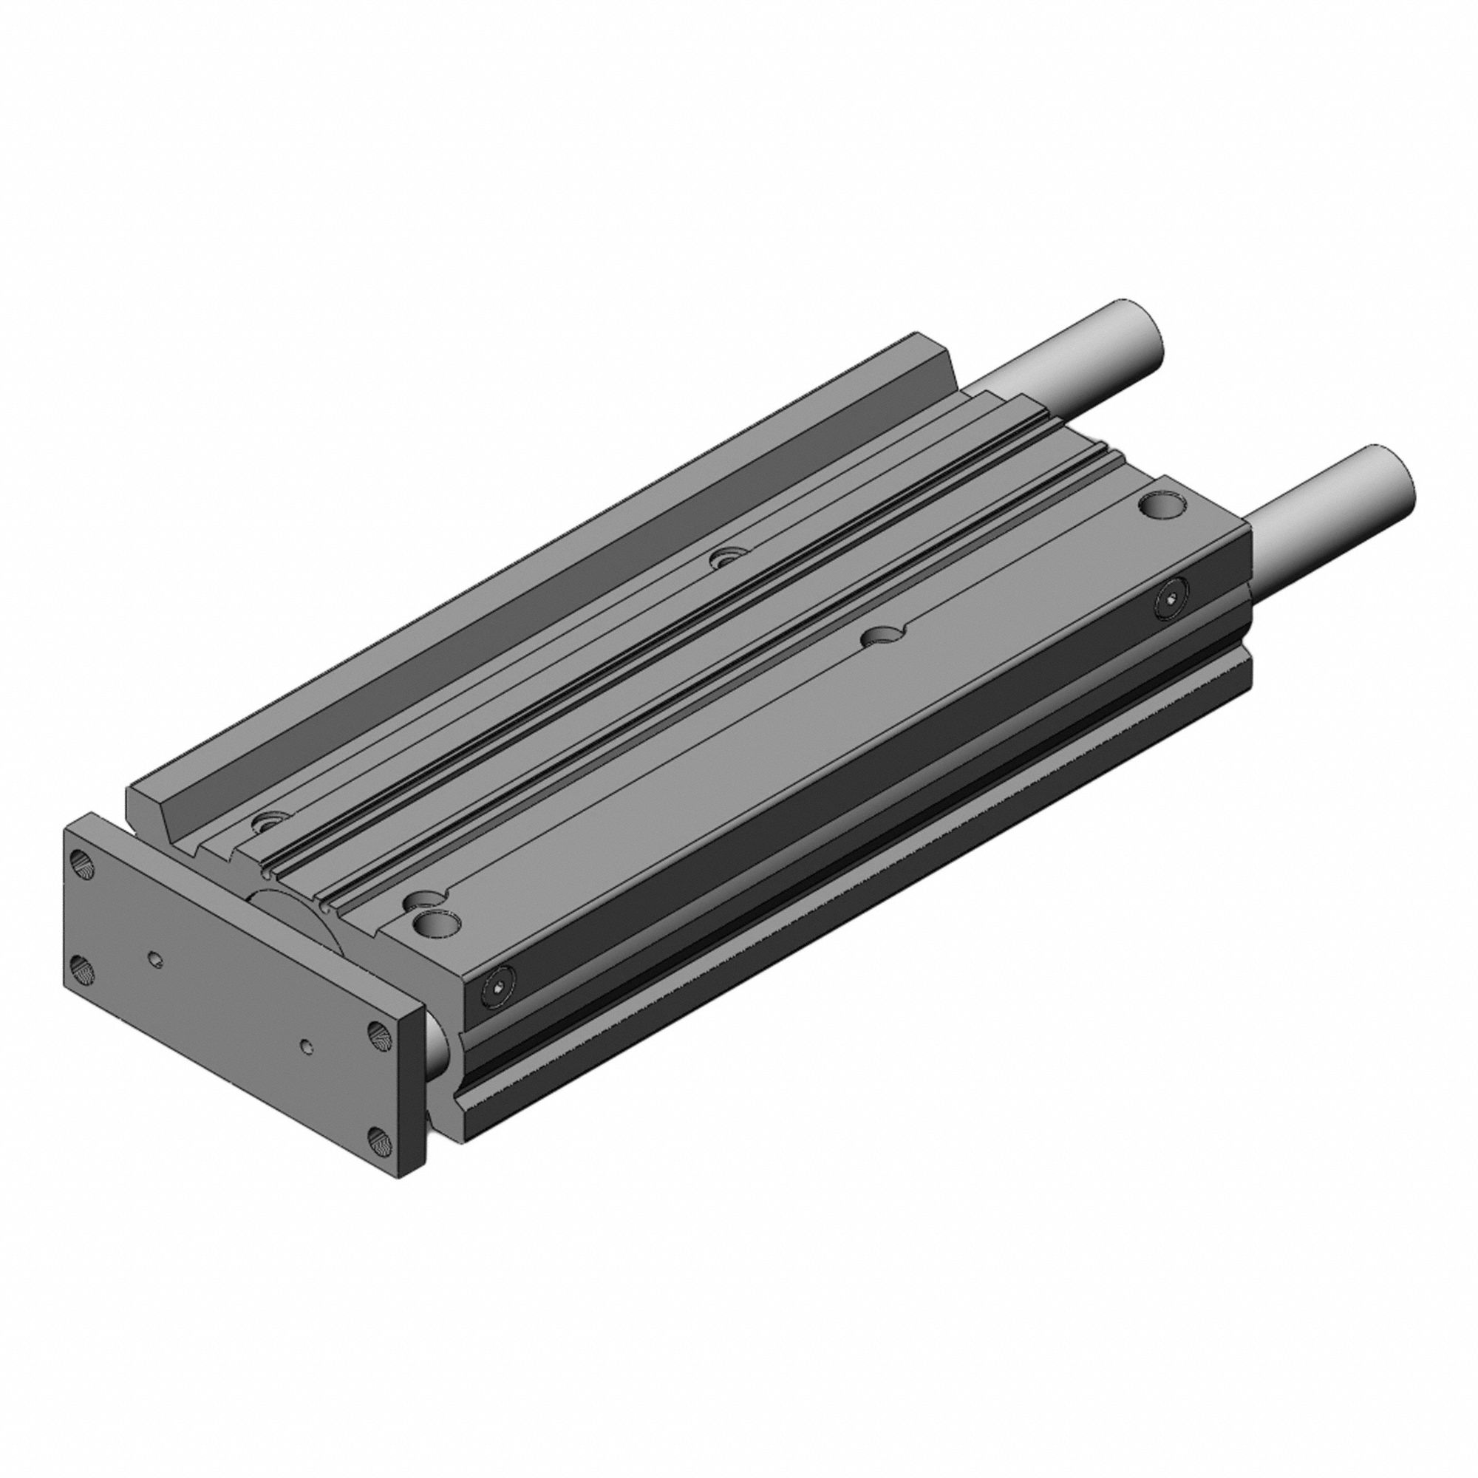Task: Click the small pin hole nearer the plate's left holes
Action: point(155,958)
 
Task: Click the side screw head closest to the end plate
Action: point(498,987)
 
